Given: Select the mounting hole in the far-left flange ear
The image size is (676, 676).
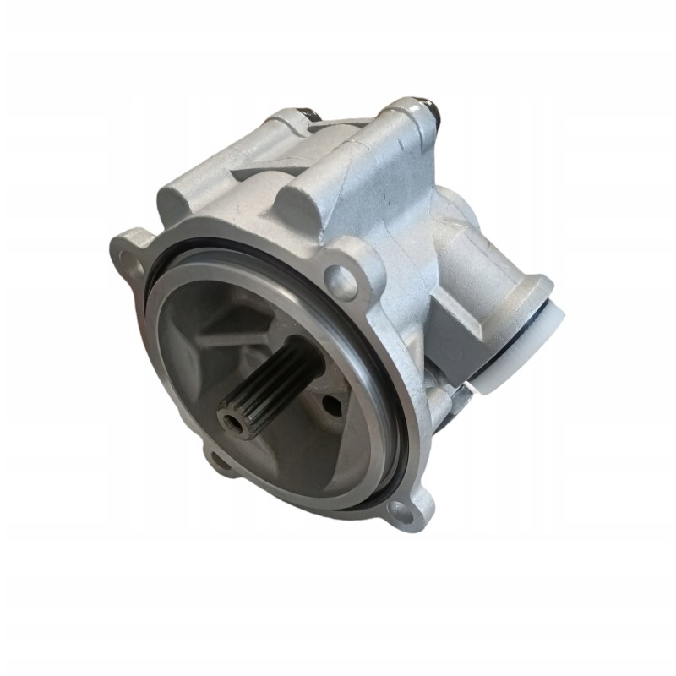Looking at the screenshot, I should [x=128, y=252].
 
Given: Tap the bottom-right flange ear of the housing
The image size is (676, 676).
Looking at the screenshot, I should [x=406, y=507].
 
